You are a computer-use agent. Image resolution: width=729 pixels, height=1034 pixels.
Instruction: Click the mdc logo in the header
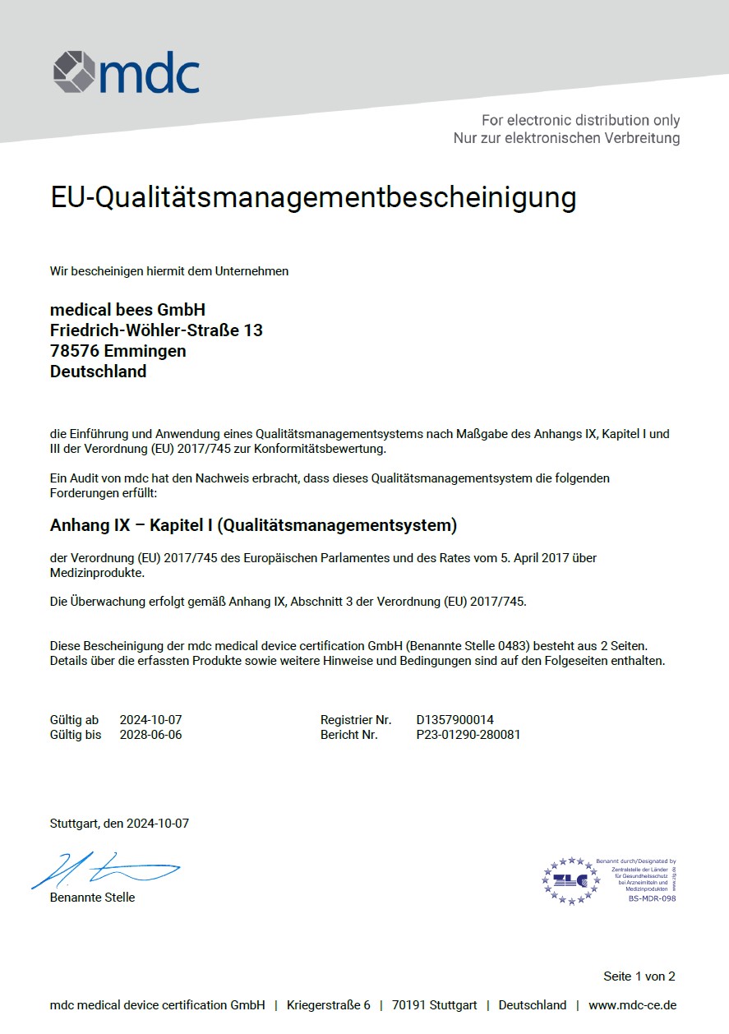tap(127, 72)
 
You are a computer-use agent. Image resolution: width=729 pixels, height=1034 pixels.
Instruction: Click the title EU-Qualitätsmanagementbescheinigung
tap(313, 198)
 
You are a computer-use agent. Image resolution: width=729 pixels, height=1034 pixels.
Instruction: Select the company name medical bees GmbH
tap(127, 310)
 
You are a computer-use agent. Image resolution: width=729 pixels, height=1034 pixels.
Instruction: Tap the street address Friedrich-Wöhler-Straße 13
tap(156, 330)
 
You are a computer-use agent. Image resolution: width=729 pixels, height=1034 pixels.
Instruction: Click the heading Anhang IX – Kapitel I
tap(253, 524)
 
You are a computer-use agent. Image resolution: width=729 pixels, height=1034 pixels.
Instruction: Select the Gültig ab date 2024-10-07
tap(150, 720)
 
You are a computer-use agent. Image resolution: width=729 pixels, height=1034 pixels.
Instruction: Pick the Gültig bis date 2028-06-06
tap(150, 735)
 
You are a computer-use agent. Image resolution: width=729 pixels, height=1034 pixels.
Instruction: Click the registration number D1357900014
tap(454, 720)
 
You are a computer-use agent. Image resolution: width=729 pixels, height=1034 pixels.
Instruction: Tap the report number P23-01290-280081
tap(468, 735)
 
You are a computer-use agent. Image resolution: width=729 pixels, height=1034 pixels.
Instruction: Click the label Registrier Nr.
tap(356, 720)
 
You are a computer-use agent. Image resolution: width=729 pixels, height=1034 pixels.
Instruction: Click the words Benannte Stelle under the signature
tap(92, 898)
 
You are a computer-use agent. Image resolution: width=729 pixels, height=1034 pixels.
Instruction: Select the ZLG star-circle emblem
tap(570, 880)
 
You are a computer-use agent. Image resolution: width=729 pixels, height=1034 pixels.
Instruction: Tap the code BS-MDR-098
tap(652, 898)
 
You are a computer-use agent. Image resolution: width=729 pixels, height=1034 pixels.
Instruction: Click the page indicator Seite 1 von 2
tap(639, 976)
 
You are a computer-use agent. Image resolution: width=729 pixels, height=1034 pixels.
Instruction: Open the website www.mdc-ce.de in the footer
tap(632, 1005)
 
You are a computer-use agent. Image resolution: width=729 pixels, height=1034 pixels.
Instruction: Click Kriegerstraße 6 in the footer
tap(328, 1005)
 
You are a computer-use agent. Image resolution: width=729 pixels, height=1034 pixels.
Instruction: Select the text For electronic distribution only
tap(580, 121)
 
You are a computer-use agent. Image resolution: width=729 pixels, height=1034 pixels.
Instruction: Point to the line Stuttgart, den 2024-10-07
tap(119, 823)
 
